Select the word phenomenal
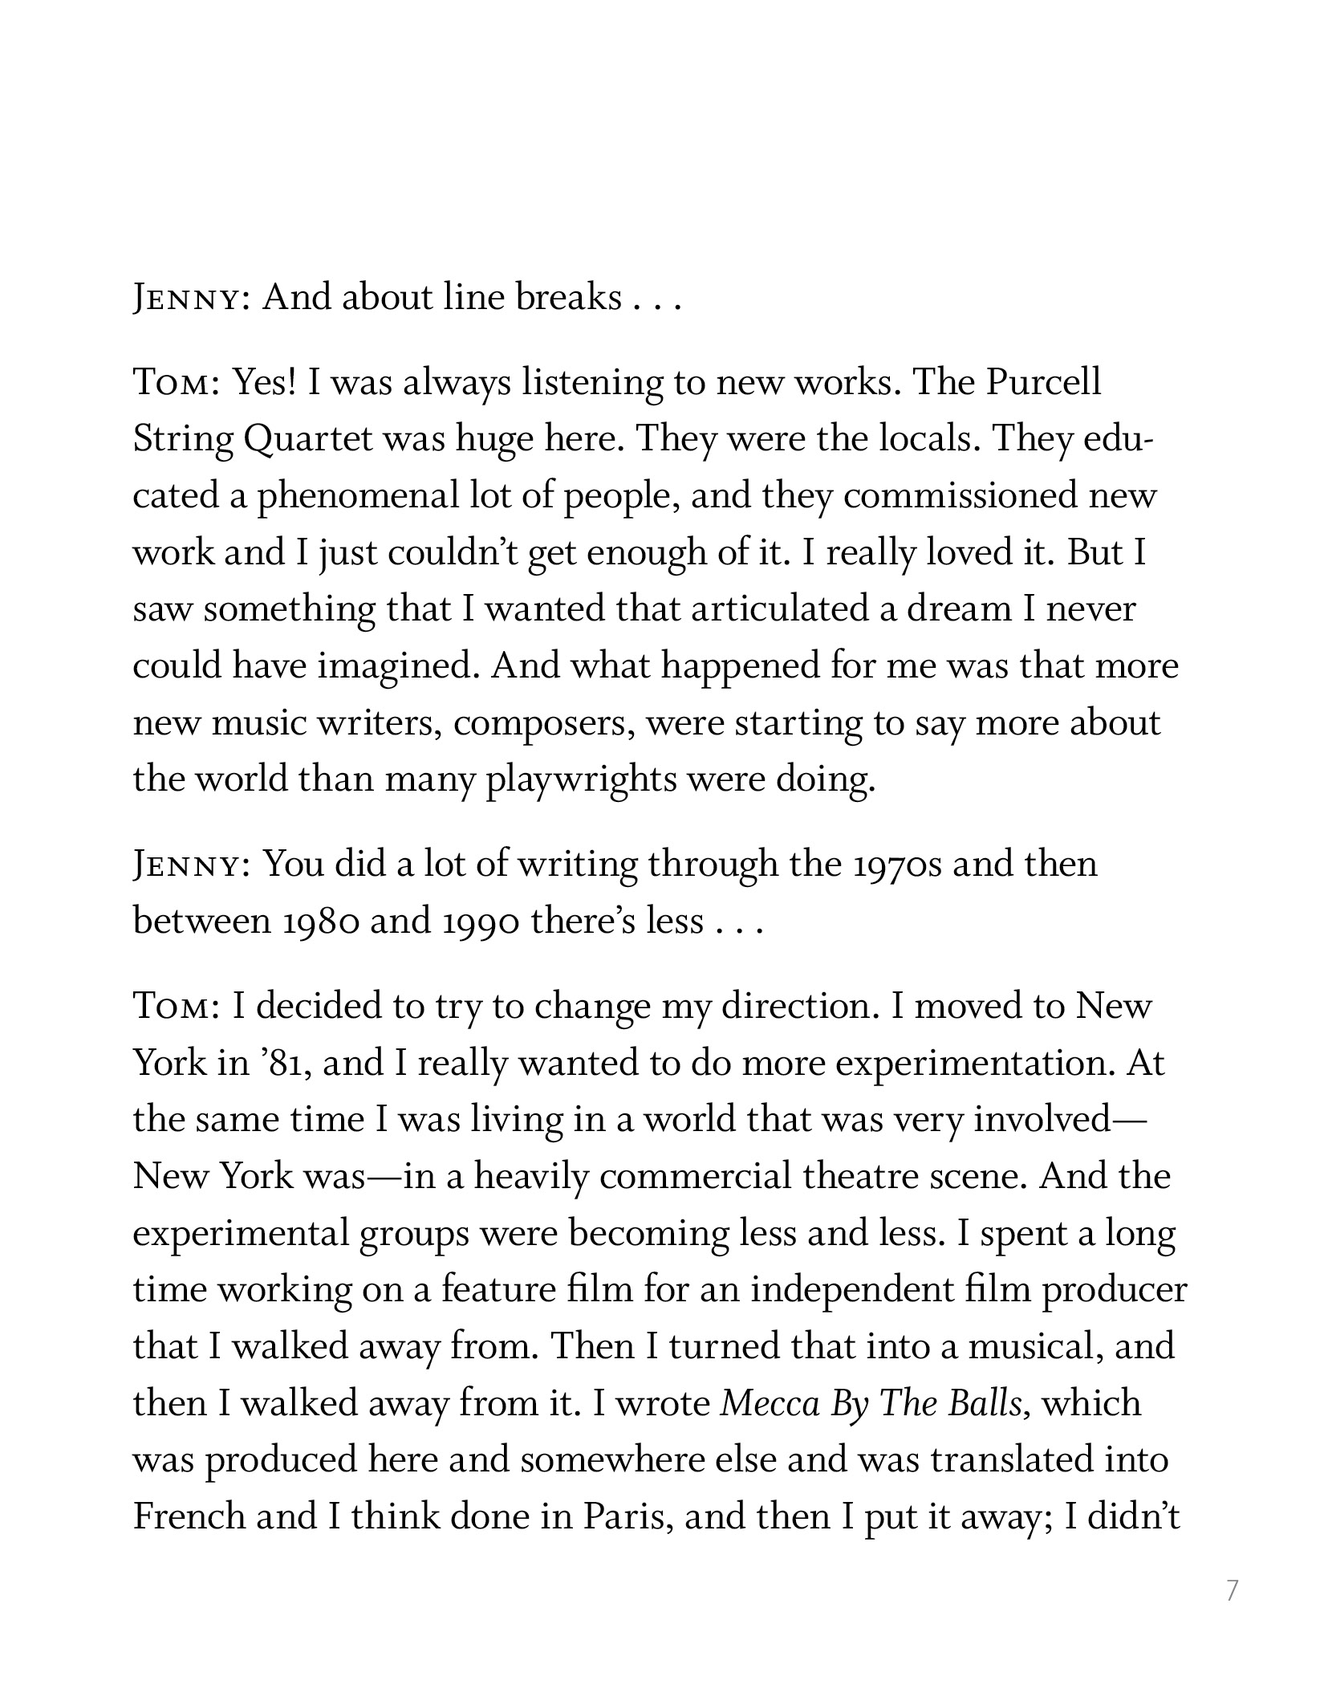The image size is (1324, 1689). pyautogui.click(x=357, y=496)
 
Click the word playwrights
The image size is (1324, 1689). pyautogui.click(x=581, y=779)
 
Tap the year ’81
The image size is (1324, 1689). pyautogui.click(x=276, y=1064)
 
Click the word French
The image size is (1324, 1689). pyautogui.click(x=189, y=1517)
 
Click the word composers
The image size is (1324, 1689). pyautogui.click(x=546, y=723)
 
